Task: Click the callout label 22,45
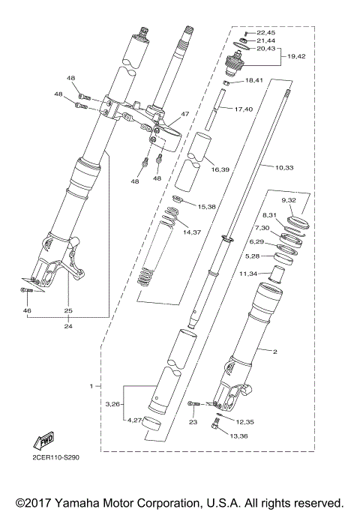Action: [266, 33]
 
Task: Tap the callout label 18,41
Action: [255, 80]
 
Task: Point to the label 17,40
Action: [244, 109]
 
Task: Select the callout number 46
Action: [27, 310]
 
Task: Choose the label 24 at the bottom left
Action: [67, 326]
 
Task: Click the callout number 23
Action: [192, 422]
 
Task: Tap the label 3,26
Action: [114, 404]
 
